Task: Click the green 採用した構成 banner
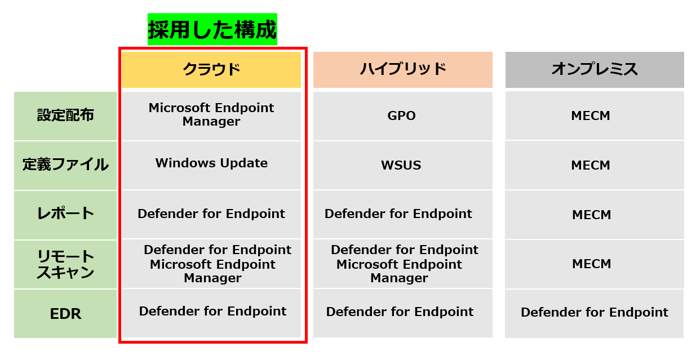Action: (x=212, y=29)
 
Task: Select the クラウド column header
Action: (x=211, y=69)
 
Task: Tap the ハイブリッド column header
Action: (x=403, y=69)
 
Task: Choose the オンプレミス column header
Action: (x=595, y=69)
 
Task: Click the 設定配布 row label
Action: (x=65, y=115)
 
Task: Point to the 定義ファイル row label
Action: (x=65, y=165)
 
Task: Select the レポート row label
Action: (x=65, y=215)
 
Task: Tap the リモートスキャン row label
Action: (x=65, y=264)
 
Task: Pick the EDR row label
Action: (x=65, y=314)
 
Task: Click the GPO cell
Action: (x=403, y=115)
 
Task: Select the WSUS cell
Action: (x=403, y=165)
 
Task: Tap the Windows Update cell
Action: (x=211, y=165)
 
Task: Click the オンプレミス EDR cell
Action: (x=595, y=314)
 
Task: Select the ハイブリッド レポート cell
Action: (x=403, y=215)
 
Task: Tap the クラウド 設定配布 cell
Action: (x=211, y=115)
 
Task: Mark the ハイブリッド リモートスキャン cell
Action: (x=403, y=264)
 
